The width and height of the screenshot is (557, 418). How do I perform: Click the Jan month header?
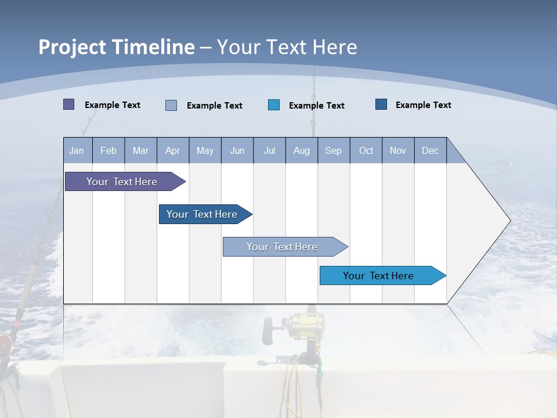77,150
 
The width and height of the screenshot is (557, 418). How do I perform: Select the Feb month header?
108,150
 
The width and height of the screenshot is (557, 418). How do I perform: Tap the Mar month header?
140,150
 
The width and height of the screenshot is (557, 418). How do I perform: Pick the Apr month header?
173,150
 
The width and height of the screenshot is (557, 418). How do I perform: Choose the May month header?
205,150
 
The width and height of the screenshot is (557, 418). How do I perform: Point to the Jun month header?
237,150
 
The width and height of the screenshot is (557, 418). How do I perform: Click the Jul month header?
269,150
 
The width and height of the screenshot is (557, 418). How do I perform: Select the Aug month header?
302,150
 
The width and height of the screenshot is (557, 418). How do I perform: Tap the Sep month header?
334,150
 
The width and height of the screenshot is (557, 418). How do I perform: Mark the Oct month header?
366,150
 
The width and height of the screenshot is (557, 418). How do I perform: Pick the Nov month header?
398,150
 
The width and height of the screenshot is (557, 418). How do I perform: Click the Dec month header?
431,150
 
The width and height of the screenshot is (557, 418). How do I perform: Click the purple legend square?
68,105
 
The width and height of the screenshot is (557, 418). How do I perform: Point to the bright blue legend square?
274,105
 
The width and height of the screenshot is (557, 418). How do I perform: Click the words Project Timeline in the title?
117,47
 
